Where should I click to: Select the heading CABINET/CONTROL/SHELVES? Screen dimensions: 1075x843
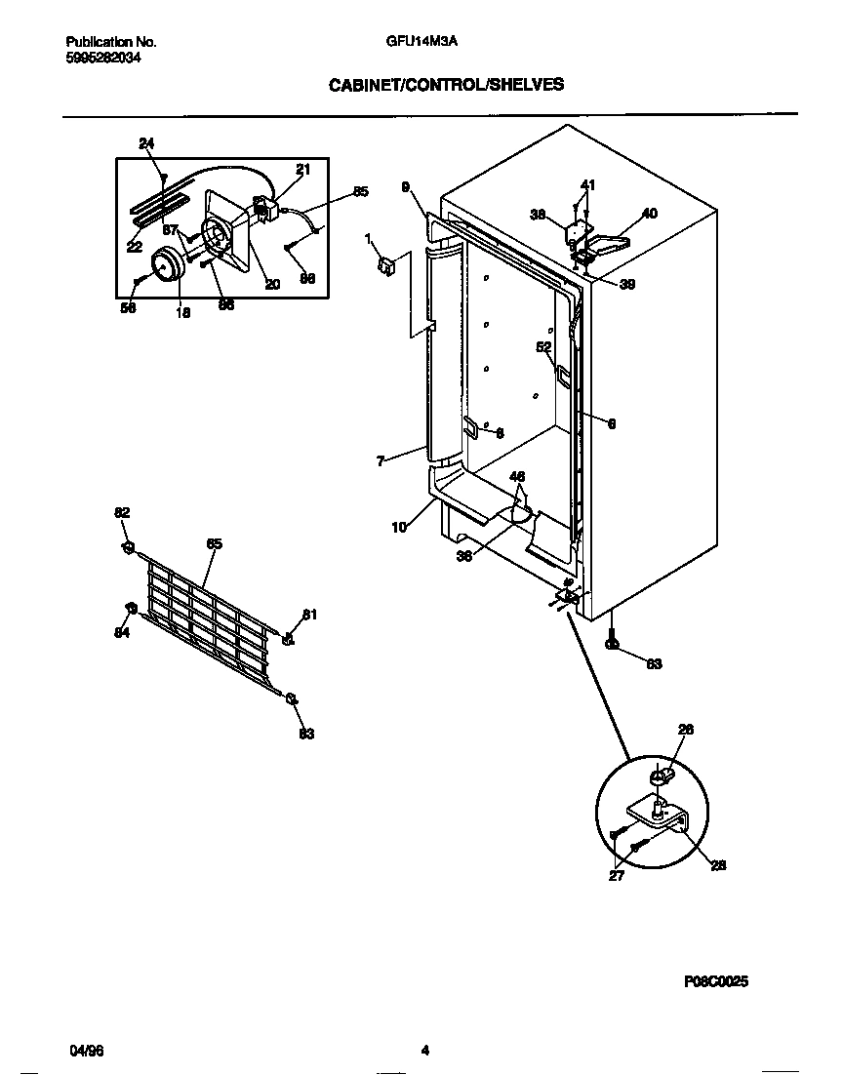(x=445, y=85)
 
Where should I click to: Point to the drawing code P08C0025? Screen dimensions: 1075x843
(x=716, y=982)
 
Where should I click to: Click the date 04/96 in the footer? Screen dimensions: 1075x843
(x=87, y=1051)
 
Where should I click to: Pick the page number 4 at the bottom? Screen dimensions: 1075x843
(x=424, y=1051)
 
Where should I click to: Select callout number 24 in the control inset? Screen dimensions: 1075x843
(x=146, y=144)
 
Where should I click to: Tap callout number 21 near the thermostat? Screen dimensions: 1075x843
(x=302, y=169)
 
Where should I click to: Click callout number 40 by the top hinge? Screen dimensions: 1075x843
(x=650, y=213)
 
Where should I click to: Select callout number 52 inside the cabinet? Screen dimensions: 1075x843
(x=543, y=346)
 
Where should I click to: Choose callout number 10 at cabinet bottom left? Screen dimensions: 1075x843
(x=399, y=527)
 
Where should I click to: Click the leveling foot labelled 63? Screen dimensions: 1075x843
(x=613, y=643)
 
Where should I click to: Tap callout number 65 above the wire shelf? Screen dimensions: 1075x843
(x=214, y=543)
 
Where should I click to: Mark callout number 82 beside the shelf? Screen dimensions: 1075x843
(x=122, y=513)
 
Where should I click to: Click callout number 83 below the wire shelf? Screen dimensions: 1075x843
(x=306, y=734)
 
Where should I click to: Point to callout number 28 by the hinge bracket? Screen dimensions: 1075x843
(x=718, y=864)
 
